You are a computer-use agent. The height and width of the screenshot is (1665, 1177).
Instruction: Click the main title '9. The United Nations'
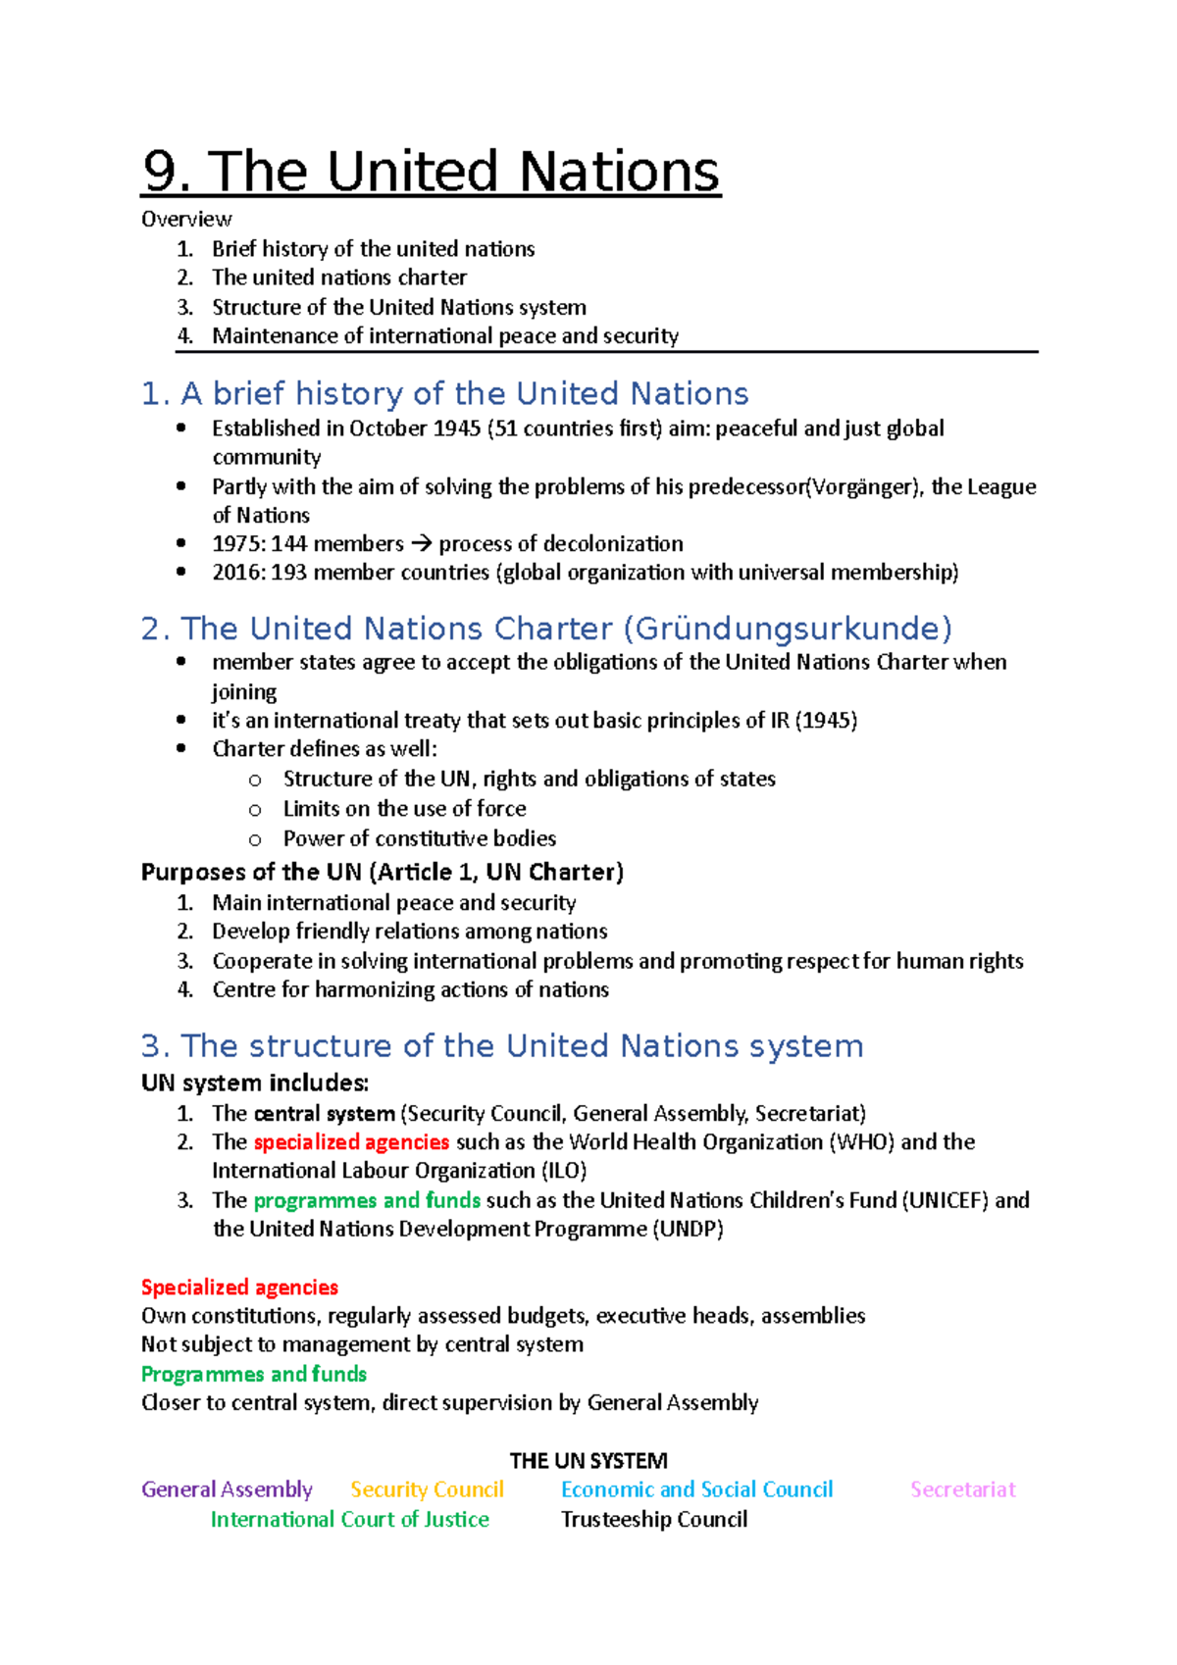pyautogui.click(x=432, y=172)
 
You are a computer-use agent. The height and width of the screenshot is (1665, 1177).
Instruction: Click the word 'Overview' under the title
pyautogui.click(x=186, y=220)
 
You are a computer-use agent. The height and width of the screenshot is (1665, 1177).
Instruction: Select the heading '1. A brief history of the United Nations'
pyautogui.click(x=444, y=394)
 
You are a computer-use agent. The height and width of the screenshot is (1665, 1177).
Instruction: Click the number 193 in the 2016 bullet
pyautogui.click(x=288, y=573)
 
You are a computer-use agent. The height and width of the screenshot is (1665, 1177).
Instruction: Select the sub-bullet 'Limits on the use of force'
pyautogui.click(x=404, y=809)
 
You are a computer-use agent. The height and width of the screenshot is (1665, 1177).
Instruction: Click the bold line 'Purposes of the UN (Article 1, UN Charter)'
pyautogui.click(x=383, y=873)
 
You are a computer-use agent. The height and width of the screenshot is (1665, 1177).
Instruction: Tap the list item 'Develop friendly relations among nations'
pyautogui.click(x=409, y=932)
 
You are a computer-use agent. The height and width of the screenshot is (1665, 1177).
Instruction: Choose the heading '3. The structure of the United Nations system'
pyautogui.click(x=502, y=1046)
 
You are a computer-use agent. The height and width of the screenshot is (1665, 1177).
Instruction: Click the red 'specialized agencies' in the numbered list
pyautogui.click(x=351, y=1142)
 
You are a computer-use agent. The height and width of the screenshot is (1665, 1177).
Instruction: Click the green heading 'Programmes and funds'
pyautogui.click(x=254, y=1374)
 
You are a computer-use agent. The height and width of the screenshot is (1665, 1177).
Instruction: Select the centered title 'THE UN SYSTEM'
pyautogui.click(x=588, y=1461)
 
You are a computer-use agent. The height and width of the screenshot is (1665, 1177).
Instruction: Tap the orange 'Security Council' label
pyautogui.click(x=427, y=1489)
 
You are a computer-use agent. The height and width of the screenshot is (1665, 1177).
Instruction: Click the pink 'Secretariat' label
pyautogui.click(x=962, y=1489)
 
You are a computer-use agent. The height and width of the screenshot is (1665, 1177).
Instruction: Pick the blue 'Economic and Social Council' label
pyautogui.click(x=696, y=1489)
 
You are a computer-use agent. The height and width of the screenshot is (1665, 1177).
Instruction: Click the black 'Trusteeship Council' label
pyautogui.click(x=654, y=1519)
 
